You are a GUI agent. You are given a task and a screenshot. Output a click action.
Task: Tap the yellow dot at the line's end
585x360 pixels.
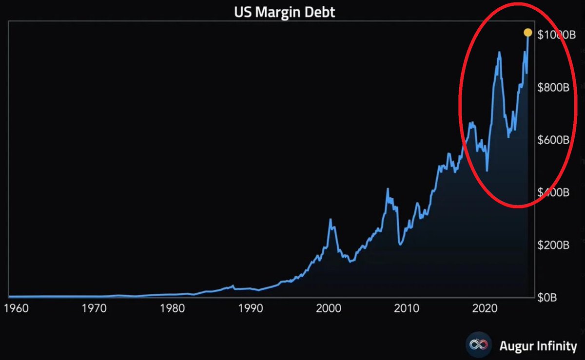click(x=528, y=33)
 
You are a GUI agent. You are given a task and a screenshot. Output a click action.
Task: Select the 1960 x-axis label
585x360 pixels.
click(x=17, y=308)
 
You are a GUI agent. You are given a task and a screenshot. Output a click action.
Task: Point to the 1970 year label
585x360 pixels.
click(x=95, y=308)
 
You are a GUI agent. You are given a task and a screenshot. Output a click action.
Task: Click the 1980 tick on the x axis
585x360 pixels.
click(x=173, y=308)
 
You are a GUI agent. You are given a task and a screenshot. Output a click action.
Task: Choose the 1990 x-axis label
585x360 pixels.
click(x=251, y=308)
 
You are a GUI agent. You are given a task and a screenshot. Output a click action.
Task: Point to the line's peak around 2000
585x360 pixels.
click(x=331, y=220)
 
